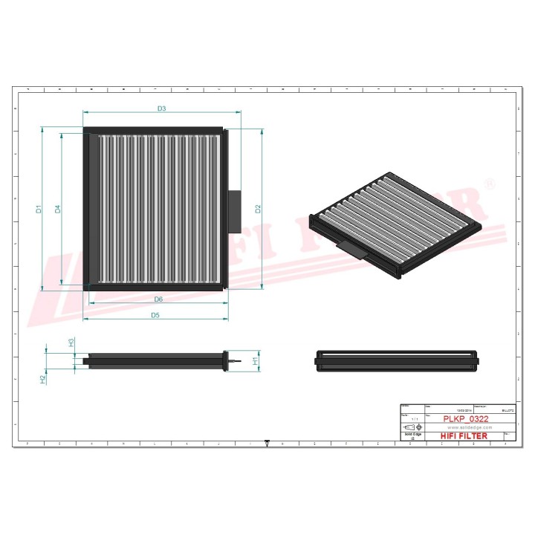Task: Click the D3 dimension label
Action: [161, 109]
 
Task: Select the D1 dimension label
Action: [39, 210]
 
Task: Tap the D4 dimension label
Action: [57, 210]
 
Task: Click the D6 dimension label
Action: [158, 299]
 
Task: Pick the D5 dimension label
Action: [155, 315]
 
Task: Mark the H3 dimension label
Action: [71, 343]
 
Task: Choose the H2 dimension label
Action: [43, 379]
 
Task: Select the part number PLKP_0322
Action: [465, 419]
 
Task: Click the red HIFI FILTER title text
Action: [465, 436]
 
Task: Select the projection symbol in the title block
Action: [410, 428]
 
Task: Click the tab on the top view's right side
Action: [235, 210]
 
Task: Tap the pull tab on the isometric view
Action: [353, 249]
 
